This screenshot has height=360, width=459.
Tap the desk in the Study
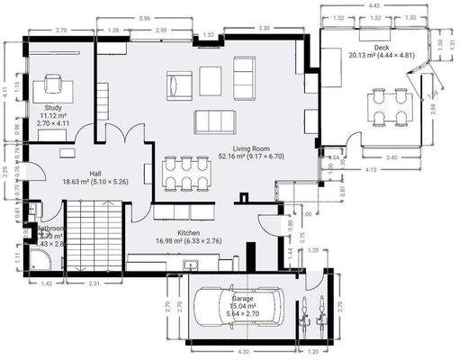point(52,90)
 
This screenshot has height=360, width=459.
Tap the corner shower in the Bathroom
point(40,258)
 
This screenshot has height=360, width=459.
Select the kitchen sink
point(190,265)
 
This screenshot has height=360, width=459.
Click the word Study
point(52,108)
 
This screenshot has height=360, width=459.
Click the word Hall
point(94,173)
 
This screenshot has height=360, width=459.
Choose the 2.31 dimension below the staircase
point(93,284)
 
